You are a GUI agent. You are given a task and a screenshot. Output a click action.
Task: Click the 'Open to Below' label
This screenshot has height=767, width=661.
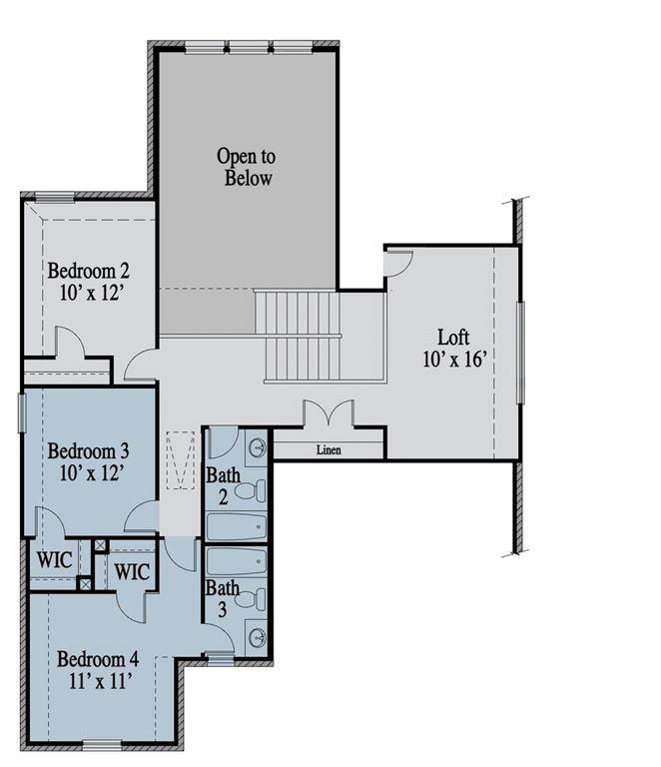click(x=246, y=167)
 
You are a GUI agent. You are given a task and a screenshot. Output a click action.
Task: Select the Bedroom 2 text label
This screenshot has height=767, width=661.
click(x=89, y=270)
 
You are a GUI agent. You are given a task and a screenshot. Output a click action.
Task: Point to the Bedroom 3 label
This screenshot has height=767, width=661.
click(x=88, y=451)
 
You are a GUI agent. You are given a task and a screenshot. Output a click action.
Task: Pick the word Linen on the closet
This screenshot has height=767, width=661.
click(x=329, y=450)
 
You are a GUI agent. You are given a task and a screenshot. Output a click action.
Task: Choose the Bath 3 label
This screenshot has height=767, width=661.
click(x=222, y=598)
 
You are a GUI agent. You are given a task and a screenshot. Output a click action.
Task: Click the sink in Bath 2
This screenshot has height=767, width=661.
click(x=256, y=446)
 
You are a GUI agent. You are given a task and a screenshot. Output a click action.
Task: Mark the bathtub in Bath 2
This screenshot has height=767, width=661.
click(x=236, y=525)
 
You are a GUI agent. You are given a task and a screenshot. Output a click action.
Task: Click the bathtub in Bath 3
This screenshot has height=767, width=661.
click(x=236, y=561)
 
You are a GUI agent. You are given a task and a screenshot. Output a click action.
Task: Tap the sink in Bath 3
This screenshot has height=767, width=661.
click(x=256, y=637)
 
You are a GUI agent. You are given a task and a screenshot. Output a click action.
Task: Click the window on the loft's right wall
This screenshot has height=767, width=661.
click(x=519, y=352)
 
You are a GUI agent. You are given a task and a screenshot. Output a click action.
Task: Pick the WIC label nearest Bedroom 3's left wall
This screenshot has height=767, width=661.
click(x=54, y=559)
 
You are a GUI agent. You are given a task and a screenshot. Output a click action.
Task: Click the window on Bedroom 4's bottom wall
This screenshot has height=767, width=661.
click(x=102, y=744)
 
